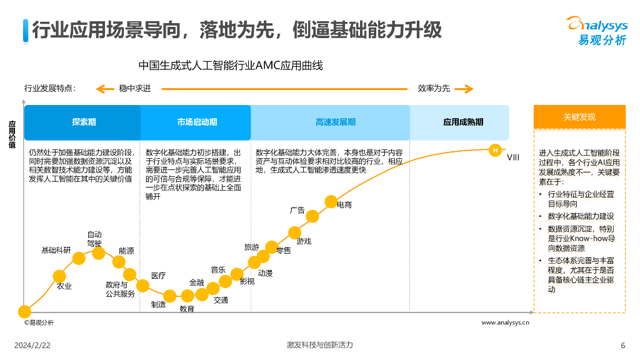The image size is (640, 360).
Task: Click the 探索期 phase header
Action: click(x=84, y=122)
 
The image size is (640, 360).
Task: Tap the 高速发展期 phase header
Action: click(x=335, y=122)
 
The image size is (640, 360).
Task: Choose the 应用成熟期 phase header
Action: click(x=462, y=122)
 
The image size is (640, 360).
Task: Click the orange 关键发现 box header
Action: click(x=579, y=117)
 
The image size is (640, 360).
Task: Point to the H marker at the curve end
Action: click(x=495, y=150)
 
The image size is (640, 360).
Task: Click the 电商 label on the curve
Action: click(x=344, y=204)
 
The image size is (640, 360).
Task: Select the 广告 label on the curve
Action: click(x=297, y=210)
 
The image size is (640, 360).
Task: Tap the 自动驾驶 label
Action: click(x=94, y=239)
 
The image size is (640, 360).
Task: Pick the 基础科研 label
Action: click(x=56, y=250)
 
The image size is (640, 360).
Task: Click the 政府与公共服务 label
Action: click(x=120, y=289)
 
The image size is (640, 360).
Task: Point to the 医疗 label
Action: click(x=158, y=276)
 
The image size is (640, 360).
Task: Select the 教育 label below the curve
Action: click(x=187, y=309)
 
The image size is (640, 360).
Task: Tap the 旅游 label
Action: click(x=251, y=247)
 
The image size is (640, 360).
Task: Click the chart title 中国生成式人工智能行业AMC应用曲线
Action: click(x=231, y=66)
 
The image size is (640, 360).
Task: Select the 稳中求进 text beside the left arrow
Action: click(x=135, y=88)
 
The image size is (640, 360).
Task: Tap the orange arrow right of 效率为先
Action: click(x=464, y=89)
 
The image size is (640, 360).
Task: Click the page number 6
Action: click(x=622, y=346)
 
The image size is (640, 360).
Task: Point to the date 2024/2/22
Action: click(x=32, y=346)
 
